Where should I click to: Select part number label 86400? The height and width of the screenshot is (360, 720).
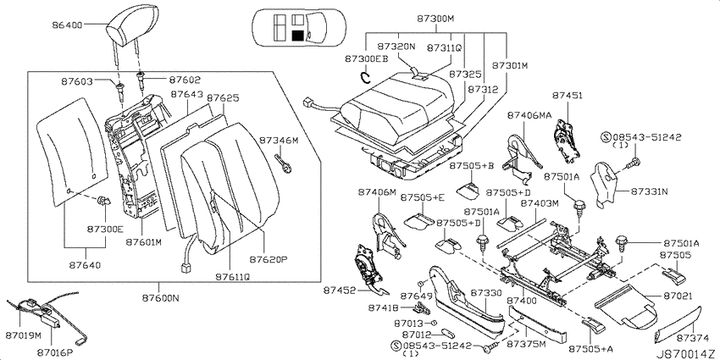[x=67, y=25]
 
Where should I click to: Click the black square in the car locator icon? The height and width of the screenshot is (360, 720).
[x=298, y=36]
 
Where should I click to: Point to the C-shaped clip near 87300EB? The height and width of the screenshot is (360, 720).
[x=366, y=77]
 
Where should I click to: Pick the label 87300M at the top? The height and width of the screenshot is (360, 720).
[x=435, y=19]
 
